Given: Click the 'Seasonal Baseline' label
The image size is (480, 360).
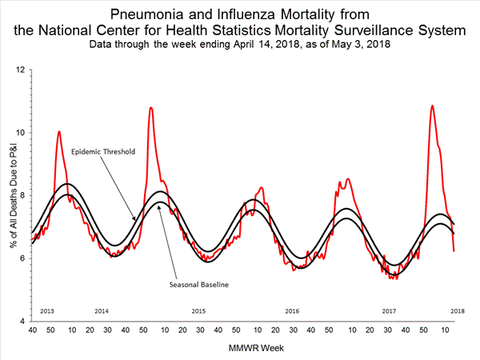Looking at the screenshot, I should [196, 284].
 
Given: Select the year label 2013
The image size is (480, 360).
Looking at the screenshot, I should [46, 310].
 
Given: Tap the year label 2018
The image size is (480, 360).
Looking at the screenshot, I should [458, 310].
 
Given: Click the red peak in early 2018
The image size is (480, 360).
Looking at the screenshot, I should [432, 106].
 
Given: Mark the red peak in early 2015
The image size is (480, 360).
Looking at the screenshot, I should [150, 107].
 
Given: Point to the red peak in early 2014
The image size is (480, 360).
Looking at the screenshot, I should [58, 131].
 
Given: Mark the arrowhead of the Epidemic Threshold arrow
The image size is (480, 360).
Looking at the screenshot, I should [134, 218].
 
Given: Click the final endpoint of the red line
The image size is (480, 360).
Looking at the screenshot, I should [454, 251].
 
